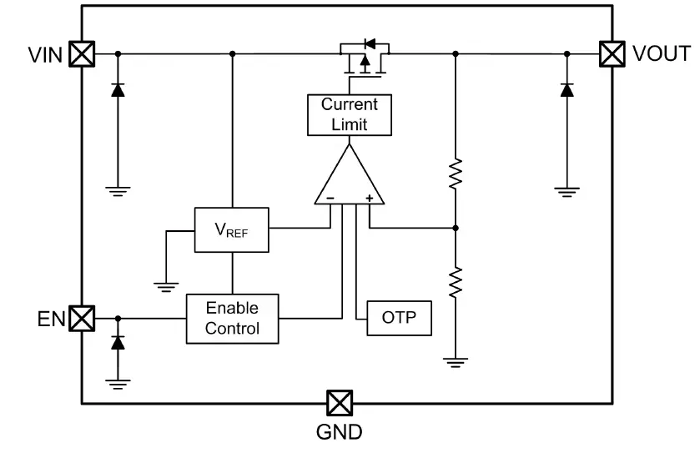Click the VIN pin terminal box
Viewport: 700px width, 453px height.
coord(81,54)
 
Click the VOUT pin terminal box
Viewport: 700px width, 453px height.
coord(612,54)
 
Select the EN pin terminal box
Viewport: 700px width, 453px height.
coord(81,318)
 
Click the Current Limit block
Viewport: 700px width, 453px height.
coord(350,115)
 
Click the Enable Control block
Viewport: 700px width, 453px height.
coord(232,319)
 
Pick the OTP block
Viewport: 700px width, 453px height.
coord(400,318)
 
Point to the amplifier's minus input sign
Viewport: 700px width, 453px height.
coord(330,199)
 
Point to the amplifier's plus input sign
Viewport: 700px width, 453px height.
coord(368,199)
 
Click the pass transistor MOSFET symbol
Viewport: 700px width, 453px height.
coord(365,58)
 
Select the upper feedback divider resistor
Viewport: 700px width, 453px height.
coord(456,174)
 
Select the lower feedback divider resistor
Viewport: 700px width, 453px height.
coord(456,281)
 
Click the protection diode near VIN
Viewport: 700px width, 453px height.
coord(118,90)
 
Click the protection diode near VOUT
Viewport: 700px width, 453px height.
coord(567,90)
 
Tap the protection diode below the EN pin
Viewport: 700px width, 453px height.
coord(118,342)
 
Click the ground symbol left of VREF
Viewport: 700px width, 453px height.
coord(166,285)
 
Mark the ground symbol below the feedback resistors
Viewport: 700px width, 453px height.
coord(456,361)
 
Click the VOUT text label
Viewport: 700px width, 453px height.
coord(661,54)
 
